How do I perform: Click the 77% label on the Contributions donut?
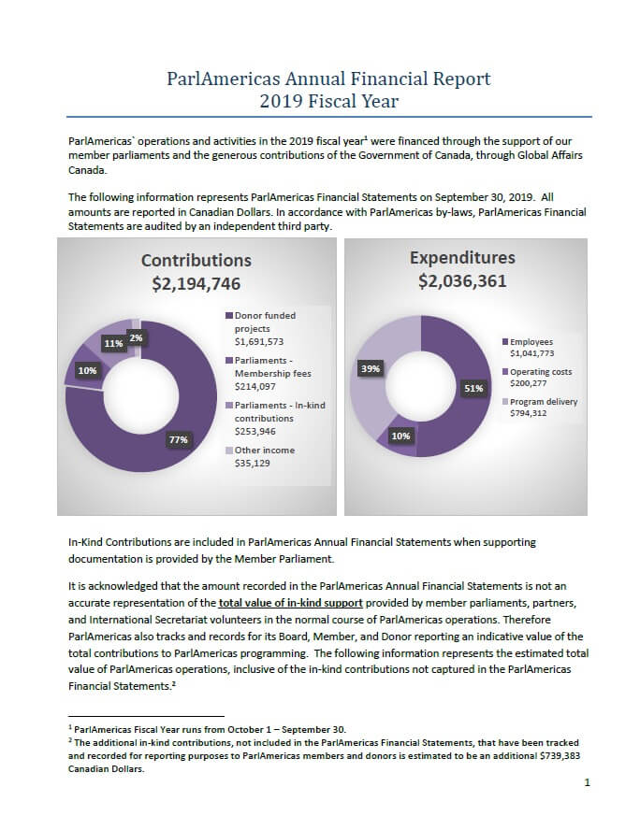179,440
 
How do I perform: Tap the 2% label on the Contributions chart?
137,337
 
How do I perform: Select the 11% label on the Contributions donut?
113,344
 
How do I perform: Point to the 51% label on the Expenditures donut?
473,388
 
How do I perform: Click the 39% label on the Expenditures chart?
371,368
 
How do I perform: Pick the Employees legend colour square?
505,342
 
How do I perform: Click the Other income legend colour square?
229,450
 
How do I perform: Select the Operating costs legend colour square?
505,372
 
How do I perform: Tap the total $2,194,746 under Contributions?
196,284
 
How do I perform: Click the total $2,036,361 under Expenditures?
462,280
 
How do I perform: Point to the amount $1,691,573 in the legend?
259,341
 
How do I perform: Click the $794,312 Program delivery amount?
529,413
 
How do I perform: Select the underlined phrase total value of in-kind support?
291,602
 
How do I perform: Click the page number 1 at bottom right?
587,782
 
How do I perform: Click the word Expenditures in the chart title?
462,258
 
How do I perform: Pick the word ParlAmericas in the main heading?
223,79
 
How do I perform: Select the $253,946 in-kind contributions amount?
255,432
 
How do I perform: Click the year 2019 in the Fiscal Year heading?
281,101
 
